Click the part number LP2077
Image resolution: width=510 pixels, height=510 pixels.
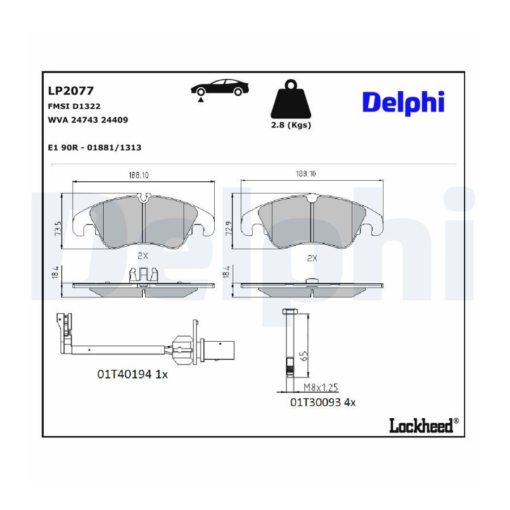[71, 91]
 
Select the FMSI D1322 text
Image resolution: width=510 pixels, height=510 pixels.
[74, 107]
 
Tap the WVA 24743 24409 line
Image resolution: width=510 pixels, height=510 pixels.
[88, 120]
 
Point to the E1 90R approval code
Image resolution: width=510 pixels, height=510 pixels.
[94, 148]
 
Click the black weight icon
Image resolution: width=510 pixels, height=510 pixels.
[291, 99]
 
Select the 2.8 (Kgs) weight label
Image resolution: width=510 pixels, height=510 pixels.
[291, 125]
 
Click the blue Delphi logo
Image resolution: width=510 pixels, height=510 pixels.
[403, 102]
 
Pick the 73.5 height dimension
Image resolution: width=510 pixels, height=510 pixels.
[58, 228]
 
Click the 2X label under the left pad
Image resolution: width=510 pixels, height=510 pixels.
[143, 256]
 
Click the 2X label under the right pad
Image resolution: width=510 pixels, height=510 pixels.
[312, 258]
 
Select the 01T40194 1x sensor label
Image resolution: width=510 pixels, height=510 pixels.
[133, 375]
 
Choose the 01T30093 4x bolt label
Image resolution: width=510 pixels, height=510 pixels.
[322, 402]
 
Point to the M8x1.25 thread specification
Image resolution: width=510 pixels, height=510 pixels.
[321, 388]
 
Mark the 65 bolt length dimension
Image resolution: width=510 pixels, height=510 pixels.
[304, 356]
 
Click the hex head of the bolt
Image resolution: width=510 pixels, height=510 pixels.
[289, 312]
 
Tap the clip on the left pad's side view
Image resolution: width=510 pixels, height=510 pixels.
[143, 275]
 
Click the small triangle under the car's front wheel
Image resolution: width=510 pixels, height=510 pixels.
[201, 100]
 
